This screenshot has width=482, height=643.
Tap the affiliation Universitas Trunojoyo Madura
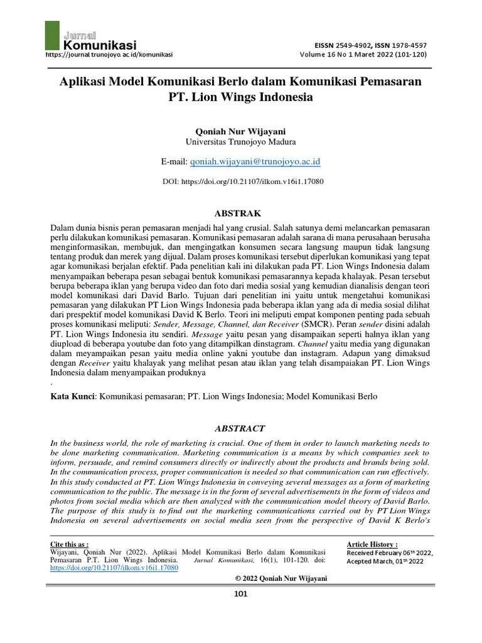click(240, 141)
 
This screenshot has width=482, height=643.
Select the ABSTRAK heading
click(240, 213)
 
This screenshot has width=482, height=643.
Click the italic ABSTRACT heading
click(240, 428)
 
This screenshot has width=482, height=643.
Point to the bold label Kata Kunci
click(72, 397)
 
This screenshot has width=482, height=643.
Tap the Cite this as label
click(69, 544)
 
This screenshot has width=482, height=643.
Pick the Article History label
click(372, 544)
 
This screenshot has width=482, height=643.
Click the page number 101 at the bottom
click(240, 595)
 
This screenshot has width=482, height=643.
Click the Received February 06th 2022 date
click(389, 553)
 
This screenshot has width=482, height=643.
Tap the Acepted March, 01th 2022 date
click(385, 561)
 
